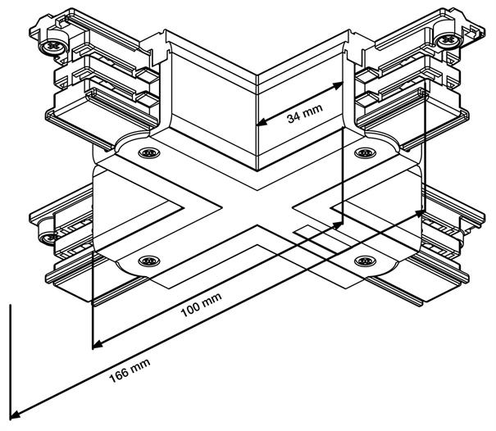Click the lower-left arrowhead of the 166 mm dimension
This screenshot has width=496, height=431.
pos(16,414)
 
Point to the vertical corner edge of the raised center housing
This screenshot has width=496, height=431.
pos(258,123)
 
